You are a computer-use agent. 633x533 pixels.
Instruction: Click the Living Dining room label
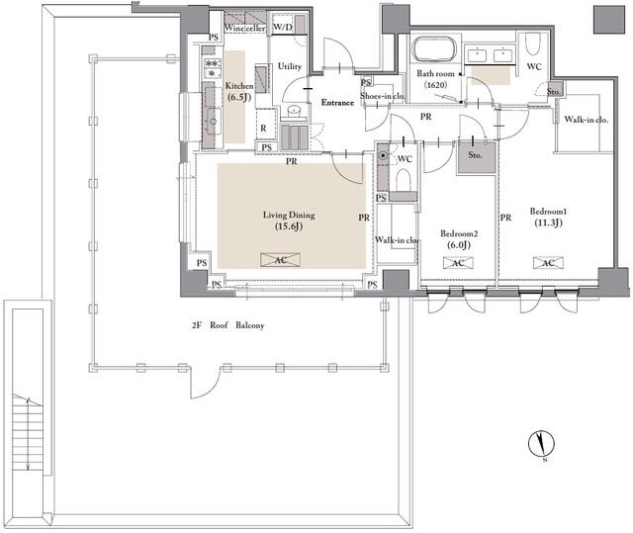pyautogui.click(x=289, y=221)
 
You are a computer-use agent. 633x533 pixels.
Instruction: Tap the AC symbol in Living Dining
pyautogui.click(x=280, y=260)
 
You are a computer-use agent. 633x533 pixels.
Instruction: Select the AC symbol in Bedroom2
pyautogui.click(x=458, y=263)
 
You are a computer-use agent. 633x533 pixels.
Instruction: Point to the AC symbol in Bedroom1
pyautogui.click(x=548, y=263)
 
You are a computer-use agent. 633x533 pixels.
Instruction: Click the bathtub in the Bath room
pyautogui.click(x=434, y=49)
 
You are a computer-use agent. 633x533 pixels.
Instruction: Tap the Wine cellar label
pyautogui.click(x=244, y=28)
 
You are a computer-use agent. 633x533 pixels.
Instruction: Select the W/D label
pyautogui.click(x=283, y=27)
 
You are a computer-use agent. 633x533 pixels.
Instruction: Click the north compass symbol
pyautogui.click(x=541, y=443)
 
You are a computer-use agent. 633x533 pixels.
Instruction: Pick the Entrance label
pyautogui.click(x=337, y=103)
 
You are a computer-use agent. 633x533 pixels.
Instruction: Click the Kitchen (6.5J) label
pyautogui.click(x=239, y=91)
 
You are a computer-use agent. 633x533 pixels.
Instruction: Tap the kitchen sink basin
pyautogui.click(x=214, y=121)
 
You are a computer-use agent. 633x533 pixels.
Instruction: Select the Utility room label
pyautogui.click(x=290, y=66)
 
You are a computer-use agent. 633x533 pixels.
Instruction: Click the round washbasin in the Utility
pyautogui.click(x=295, y=110)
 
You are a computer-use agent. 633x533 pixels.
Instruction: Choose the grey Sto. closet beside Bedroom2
pyautogui.click(x=476, y=157)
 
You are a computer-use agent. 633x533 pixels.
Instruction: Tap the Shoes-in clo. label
pyautogui.click(x=383, y=96)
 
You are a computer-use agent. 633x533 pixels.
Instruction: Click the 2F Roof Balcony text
pyautogui.click(x=228, y=325)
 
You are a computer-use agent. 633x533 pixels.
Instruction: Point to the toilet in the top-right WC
pyautogui.click(x=533, y=44)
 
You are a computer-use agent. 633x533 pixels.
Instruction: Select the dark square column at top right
pyautogui.click(x=609, y=20)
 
